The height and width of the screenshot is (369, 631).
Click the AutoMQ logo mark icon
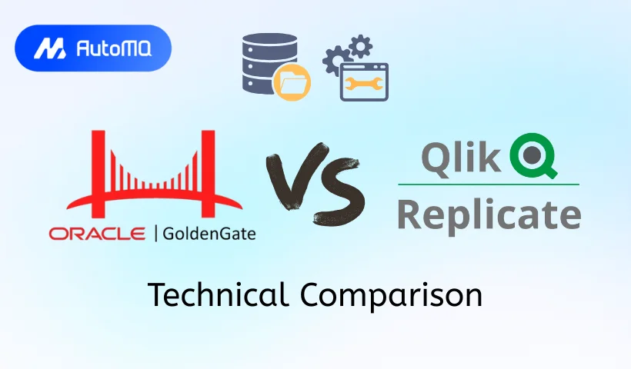click(x=49, y=48)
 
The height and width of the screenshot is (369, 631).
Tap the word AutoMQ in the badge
click(x=114, y=48)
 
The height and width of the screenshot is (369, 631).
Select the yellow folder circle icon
click(x=292, y=82)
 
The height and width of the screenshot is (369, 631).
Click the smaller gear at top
click(x=361, y=46)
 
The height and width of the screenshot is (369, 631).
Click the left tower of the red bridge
click(x=98, y=173)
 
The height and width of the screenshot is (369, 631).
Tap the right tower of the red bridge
click(x=208, y=173)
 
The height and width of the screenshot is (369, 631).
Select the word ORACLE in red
click(x=97, y=234)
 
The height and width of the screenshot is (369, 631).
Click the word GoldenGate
click(x=209, y=234)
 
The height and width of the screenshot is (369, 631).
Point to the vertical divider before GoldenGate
click(x=156, y=234)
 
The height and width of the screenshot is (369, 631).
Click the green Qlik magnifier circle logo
click(x=533, y=155)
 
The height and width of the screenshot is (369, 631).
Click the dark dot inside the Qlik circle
click(x=532, y=154)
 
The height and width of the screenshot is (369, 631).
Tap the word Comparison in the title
click(x=391, y=295)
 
